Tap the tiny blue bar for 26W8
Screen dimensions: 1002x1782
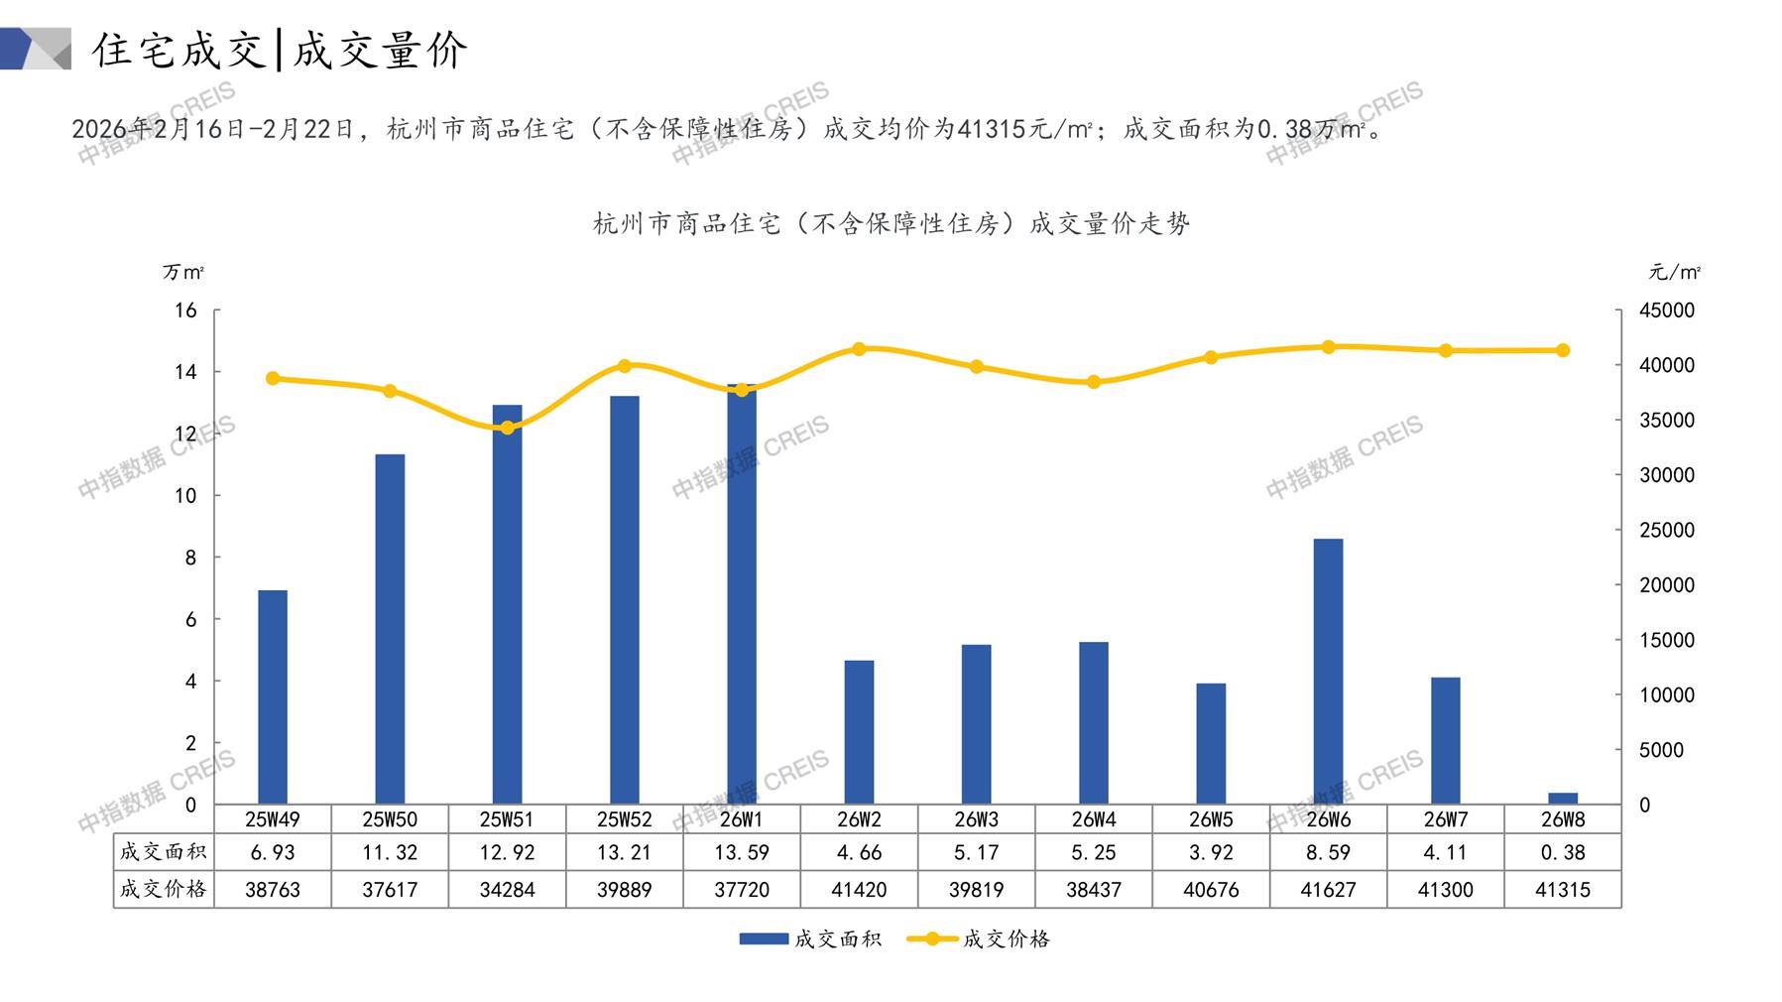pos(1563,799)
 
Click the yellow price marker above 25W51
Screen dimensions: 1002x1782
pos(508,428)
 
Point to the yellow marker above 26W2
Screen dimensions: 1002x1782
pos(859,349)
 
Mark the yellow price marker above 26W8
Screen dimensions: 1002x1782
pos(1563,350)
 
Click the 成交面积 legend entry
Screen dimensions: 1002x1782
pos(810,939)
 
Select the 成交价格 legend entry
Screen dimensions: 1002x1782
pos(979,939)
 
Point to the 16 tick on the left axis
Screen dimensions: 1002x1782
pos(186,311)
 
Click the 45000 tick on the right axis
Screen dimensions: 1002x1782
pos(1667,311)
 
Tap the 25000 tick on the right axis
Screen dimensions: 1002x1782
pos(1667,530)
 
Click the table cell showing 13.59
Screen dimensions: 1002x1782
pos(742,852)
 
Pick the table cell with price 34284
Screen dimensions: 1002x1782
pos(508,890)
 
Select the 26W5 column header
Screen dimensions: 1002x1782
pos(1211,819)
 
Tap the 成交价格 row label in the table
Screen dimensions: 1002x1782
pos(164,889)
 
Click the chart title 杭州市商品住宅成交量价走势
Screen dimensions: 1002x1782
pos(891,224)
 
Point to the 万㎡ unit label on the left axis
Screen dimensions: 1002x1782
pos(183,272)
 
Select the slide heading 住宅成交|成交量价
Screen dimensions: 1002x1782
pos(280,50)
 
